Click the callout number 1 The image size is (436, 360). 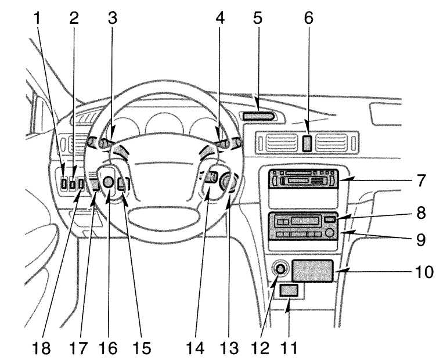click(x=37, y=19)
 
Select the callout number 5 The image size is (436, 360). click(x=258, y=18)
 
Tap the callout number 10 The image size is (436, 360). click(x=424, y=272)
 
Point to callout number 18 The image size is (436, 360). click(x=41, y=348)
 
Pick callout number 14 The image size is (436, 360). click(x=195, y=348)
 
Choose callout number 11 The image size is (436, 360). click(x=289, y=348)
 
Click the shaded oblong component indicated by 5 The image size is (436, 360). click(x=258, y=116)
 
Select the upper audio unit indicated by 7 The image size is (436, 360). click(x=304, y=179)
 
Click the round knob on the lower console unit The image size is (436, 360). click(x=330, y=233)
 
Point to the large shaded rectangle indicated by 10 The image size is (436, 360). click(x=312, y=271)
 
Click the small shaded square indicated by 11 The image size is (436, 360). click(x=289, y=290)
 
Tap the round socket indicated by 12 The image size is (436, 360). click(x=280, y=269)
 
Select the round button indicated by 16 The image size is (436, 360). click(x=108, y=182)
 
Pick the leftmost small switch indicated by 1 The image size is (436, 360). click(x=64, y=184)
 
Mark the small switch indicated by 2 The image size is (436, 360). click(x=73, y=185)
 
